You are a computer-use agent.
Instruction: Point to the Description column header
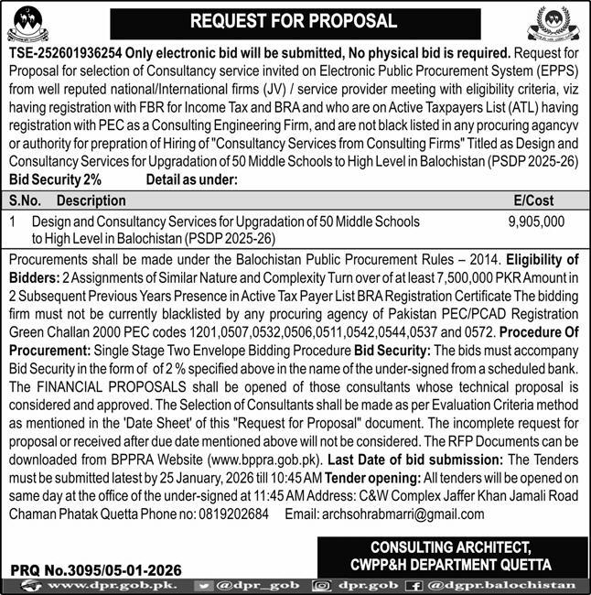(x=91, y=199)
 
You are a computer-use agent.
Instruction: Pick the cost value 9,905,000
(x=536, y=222)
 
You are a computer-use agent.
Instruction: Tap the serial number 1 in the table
(x=12, y=222)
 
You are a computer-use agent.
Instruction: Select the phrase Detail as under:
(x=192, y=180)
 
